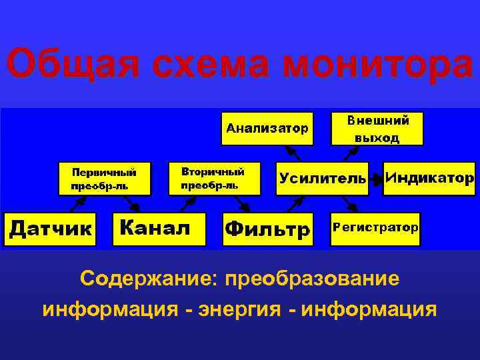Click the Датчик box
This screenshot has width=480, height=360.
coord(50,228)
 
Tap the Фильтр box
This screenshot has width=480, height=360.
coord(267,229)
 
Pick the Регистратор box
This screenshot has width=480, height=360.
coord(375,228)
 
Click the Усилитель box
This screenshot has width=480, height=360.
coord(323,178)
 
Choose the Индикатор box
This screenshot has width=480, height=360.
coord(429,178)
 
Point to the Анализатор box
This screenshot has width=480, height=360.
coord(267,127)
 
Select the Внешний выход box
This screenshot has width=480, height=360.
coord(377,129)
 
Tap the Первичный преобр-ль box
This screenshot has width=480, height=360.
coord(104,178)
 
